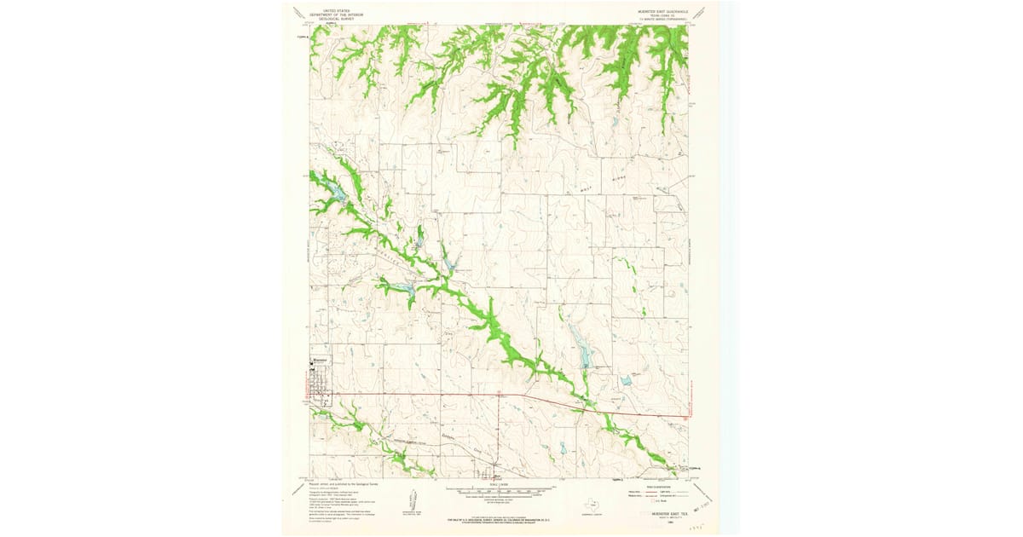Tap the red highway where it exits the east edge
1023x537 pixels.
685,417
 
